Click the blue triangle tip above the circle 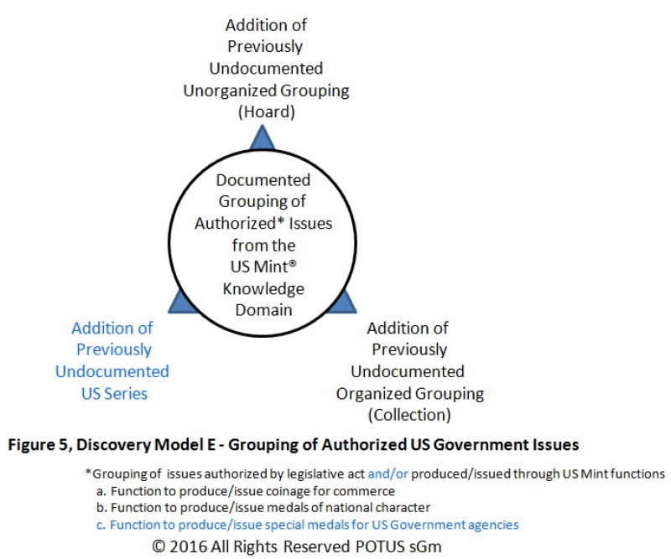point(262,126)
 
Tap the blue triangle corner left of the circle point(169,313)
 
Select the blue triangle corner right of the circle point(356,313)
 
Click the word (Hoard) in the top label point(266,112)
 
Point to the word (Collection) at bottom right point(409,415)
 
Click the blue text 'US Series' point(114,394)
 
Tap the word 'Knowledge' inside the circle point(263,289)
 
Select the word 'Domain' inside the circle point(263,310)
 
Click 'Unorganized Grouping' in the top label point(266,91)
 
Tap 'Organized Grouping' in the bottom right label point(410,394)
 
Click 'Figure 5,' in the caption point(39,445)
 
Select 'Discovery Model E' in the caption point(146,445)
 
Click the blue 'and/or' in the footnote point(388,474)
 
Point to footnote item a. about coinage point(246,491)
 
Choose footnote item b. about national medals point(263,508)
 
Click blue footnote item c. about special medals point(308,525)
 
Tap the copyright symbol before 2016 point(159,546)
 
